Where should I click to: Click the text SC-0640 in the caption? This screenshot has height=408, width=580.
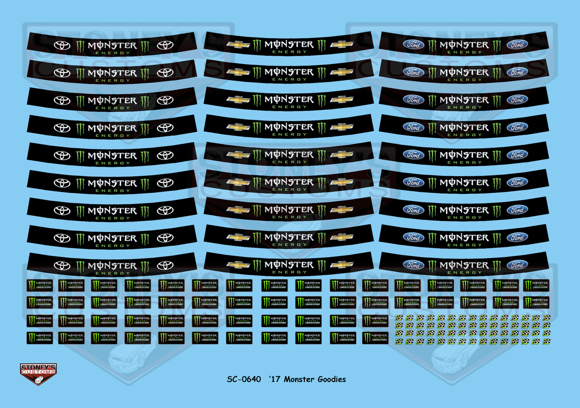point(244,379)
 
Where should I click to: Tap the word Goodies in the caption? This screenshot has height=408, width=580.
point(331,379)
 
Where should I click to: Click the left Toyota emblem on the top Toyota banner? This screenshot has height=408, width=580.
point(62,45)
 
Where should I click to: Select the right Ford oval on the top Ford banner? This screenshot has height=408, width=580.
point(517,44)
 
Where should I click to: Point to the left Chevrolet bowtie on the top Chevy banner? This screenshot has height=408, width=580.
point(238,44)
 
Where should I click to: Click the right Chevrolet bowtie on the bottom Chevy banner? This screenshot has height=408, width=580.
point(342,265)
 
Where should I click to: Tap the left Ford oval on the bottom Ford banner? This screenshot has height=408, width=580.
point(413,265)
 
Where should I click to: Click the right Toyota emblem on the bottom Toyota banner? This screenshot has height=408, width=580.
point(165,265)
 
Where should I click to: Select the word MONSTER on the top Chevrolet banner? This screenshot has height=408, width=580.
point(289,44)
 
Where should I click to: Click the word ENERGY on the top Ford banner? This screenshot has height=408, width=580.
point(464,52)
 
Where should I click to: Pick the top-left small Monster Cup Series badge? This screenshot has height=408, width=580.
point(40,285)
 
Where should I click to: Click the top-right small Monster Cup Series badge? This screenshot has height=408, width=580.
point(536,285)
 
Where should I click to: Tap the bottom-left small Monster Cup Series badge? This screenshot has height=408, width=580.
point(40,338)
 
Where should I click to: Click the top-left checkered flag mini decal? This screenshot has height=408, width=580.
point(399,318)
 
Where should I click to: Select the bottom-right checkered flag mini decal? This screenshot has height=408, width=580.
point(546,341)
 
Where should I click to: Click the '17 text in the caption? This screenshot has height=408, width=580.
point(274,379)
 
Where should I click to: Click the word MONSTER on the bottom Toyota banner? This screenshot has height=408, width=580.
point(113,265)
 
